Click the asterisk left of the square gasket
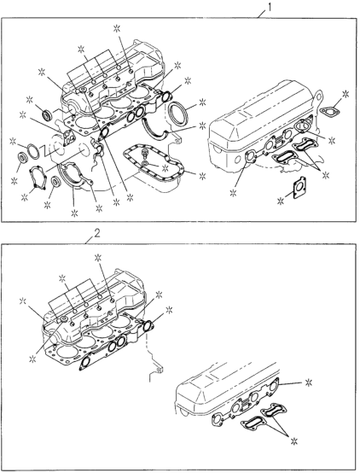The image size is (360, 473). [279, 202]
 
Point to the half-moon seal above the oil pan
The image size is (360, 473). [158, 128]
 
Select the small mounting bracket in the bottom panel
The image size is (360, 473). [156, 372]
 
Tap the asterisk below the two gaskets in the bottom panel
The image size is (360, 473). [295, 440]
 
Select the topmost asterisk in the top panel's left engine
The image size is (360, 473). [114, 30]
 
